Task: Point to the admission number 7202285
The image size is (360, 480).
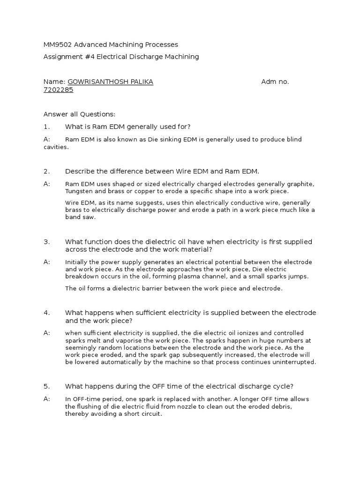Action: pyautogui.click(x=58, y=90)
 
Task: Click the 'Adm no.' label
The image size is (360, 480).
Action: pyautogui.click(x=275, y=82)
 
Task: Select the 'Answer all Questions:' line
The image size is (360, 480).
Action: pyautogui.click(x=79, y=114)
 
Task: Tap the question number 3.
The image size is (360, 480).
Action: pyautogui.click(x=46, y=242)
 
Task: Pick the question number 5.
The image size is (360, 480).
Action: pyautogui.click(x=46, y=386)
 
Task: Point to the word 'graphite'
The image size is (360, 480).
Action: pyautogui.click(x=301, y=184)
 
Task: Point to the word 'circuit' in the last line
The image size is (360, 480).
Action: pyautogui.click(x=150, y=414)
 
